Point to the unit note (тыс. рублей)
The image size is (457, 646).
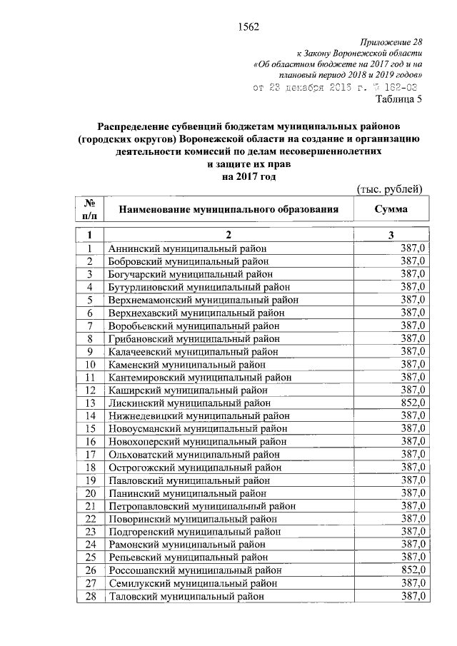point(390,188)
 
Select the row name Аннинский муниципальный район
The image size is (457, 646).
point(187,248)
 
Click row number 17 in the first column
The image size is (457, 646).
point(91,453)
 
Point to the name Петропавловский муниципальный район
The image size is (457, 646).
point(202,505)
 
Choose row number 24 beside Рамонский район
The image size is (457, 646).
point(91,544)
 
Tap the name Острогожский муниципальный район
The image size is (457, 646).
point(194,467)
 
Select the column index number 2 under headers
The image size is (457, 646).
point(228,235)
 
